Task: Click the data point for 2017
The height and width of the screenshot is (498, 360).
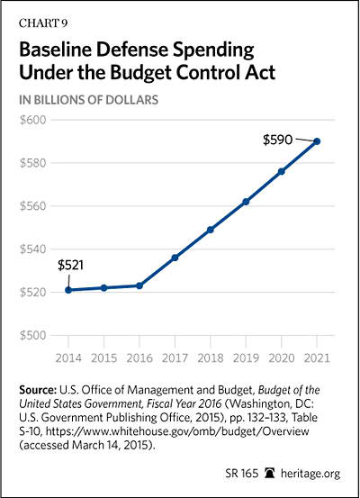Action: point(175,258)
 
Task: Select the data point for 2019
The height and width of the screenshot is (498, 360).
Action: point(246,202)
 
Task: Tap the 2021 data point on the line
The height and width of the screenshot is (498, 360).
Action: point(317,141)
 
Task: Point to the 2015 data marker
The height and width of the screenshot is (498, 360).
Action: point(104,288)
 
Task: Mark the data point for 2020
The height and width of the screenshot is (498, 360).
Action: point(282,171)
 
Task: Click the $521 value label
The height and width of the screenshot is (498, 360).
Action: point(70,265)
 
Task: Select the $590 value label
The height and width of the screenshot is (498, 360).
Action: point(277,140)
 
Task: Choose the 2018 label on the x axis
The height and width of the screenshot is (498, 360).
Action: point(211,358)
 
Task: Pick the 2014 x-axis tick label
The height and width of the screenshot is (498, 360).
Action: point(68,358)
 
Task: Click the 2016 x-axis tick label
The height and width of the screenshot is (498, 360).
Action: point(139,358)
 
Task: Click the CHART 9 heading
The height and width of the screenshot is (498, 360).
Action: point(43,23)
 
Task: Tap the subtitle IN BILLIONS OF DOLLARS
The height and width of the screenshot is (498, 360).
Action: point(88,100)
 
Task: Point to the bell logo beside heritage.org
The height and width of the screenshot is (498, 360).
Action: point(269,473)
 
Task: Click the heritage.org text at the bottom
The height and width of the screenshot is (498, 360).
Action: point(310,474)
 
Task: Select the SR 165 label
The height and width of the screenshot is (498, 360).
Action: point(242,473)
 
